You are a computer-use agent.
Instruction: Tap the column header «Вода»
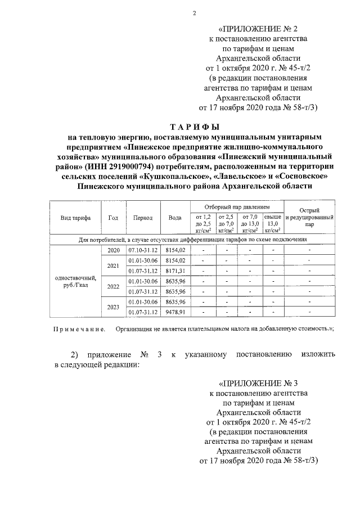coord(174,218)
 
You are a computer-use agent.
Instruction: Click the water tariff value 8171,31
coord(175,271)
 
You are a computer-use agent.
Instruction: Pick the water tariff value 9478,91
coord(175,311)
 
